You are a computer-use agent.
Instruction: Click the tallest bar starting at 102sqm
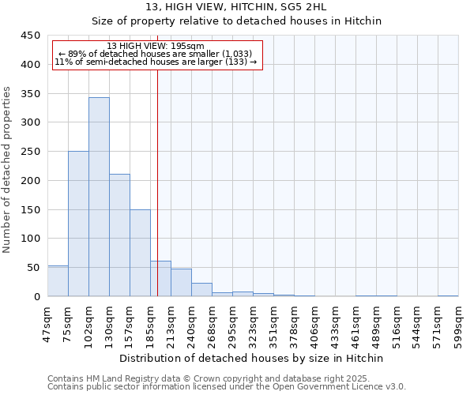pyautogui.click(x=99, y=197)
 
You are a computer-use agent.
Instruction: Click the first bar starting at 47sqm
pyautogui.click(x=58, y=281)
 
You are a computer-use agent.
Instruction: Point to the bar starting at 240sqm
pyautogui.click(x=201, y=290)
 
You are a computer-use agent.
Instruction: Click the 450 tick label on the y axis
pyautogui.click(x=31, y=36)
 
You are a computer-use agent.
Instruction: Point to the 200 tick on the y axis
pyautogui.click(x=31, y=181)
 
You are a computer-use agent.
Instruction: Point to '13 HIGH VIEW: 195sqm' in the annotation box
pyautogui.click(x=156, y=46)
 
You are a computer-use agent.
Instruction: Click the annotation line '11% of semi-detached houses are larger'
pyautogui.click(x=156, y=62)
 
